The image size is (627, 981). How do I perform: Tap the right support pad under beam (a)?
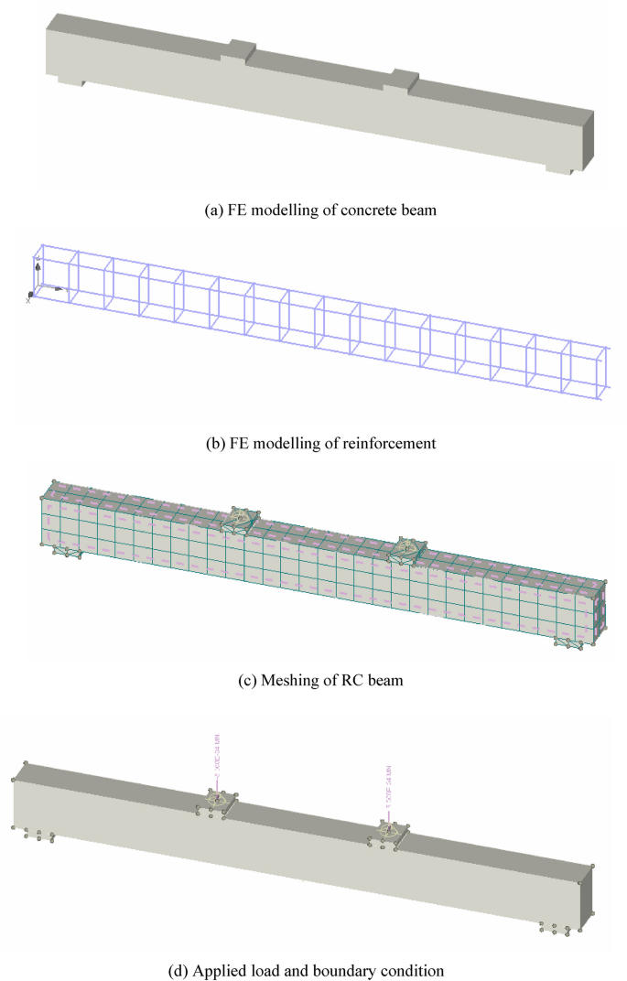click(x=557, y=167)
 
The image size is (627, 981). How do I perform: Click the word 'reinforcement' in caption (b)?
click(x=375, y=445)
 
